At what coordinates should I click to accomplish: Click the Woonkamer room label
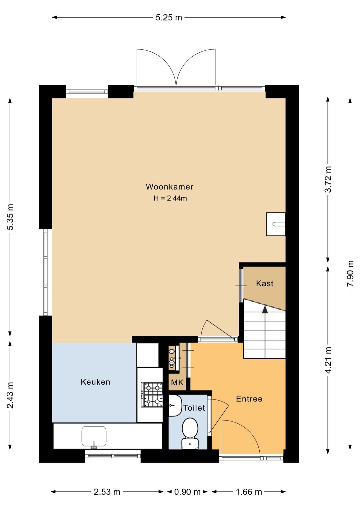coord(169,186)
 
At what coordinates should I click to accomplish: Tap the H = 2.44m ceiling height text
coord(170,198)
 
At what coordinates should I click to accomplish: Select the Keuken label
coord(95,382)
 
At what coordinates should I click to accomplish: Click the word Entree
coord(249,399)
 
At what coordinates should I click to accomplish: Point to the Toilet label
coord(194,408)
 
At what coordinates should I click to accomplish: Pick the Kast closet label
coord(265,284)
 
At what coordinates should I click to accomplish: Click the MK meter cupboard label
coord(177,383)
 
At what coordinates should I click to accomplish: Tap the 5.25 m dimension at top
coord(169,17)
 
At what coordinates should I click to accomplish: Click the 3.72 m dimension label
coord(328,179)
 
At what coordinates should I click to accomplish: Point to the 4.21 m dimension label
coord(328,360)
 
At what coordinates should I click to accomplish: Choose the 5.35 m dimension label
coord(10,217)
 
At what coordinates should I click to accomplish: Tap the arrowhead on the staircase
coord(265,310)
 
